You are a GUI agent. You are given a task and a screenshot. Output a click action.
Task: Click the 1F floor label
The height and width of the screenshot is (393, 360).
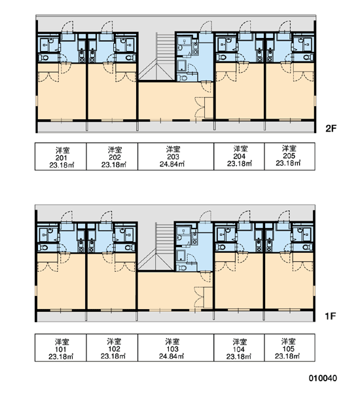pyautogui.click(x=330, y=316)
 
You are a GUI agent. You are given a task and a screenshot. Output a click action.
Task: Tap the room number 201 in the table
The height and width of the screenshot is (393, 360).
pyautogui.click(x=61, y=158)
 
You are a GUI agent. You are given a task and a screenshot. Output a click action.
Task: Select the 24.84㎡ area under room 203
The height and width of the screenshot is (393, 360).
pyautogui.click(x=172, y=164)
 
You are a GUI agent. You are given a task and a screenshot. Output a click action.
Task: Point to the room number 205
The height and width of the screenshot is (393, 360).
pyautogui.click(x=289, y=156)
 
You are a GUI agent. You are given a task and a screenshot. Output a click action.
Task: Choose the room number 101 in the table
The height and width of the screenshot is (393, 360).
pyautogui.click(x=61, y=349)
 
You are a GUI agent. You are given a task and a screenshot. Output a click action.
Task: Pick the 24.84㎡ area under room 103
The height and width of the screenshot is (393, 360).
pyautogui.click(x=171, y=356)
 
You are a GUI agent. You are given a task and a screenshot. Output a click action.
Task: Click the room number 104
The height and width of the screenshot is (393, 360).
pyautogui.click(x=239, y=349)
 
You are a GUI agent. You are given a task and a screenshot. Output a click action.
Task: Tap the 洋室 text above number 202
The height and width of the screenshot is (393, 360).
pyautogui.click(x=115, y=150)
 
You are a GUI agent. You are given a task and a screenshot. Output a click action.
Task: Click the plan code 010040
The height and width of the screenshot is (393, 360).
pyautogui.click(x=323, y=378)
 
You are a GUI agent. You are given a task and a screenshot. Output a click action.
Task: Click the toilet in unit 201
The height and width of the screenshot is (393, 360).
pyautogui.click(x=45, y=58)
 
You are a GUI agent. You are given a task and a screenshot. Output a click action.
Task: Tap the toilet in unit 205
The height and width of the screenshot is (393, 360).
pyautogui.click(x=307, y=58)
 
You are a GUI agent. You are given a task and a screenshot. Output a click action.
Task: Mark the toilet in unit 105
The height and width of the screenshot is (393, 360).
pyautogui.click(x=306, y=248)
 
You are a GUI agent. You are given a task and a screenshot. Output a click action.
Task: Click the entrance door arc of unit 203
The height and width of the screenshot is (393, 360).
pyautogui.click(x=205, y=26)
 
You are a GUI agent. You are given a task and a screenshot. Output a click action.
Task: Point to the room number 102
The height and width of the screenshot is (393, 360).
pyautogui.click(x=114, y=349)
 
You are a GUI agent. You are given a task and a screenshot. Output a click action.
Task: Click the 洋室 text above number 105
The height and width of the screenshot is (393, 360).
pyautogui.click(x=288, y=341)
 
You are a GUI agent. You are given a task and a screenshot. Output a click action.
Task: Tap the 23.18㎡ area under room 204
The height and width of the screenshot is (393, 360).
pyautogui.click(x=240, y=163)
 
